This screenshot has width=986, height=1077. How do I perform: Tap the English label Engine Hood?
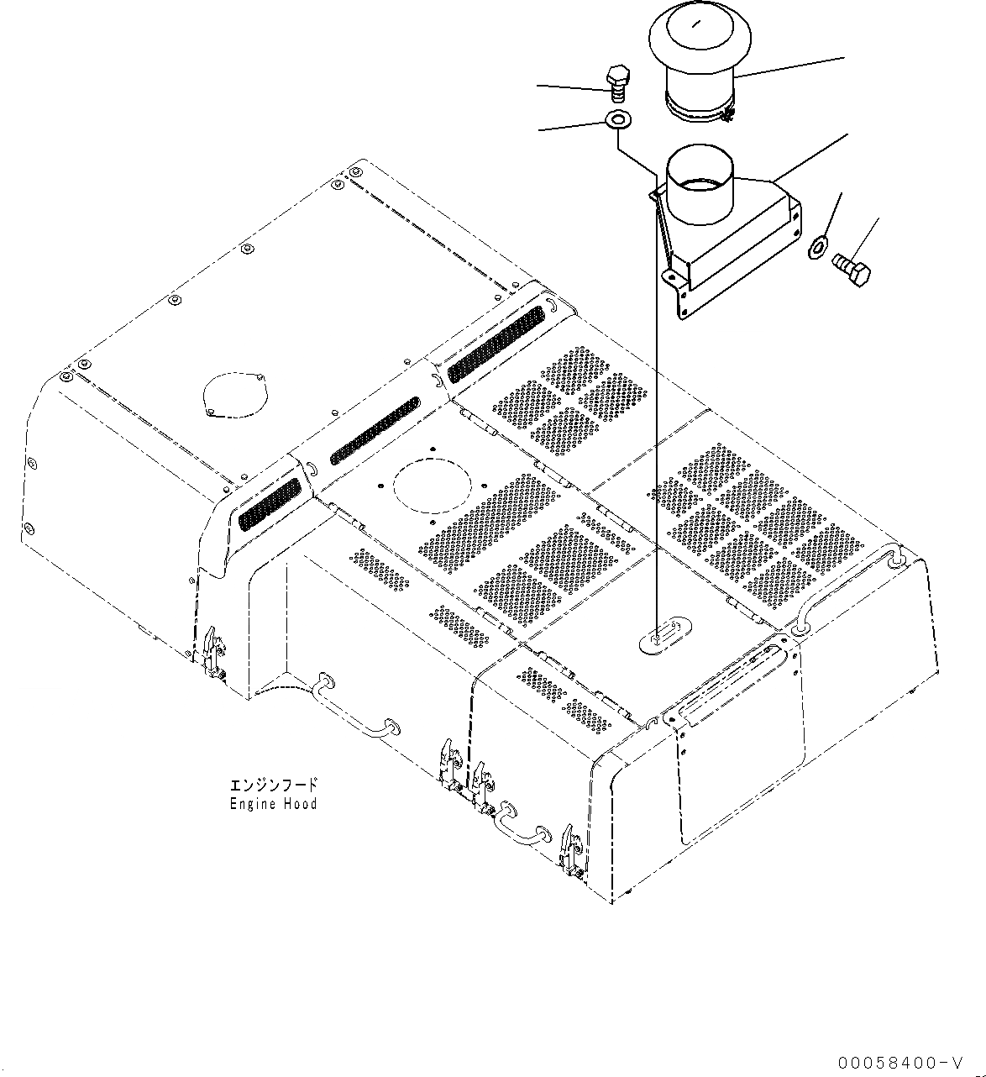pyautogui.click(x=274, y=804)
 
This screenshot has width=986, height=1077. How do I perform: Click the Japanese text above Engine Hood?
pyautogui.click(x=274, y=785)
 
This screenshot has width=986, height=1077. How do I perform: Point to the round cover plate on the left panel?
pyautogui.click(x=234, y=393)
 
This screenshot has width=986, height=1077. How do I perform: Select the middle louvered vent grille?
pyautogui.click(x=374, y=430)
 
